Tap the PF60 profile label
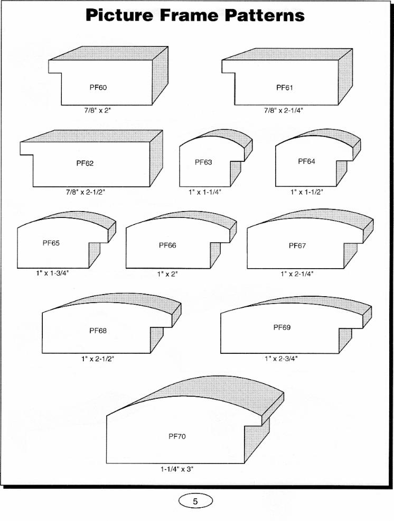(98, 87)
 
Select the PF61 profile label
(285, 88)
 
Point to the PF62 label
(85, 163)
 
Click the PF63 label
(203, 162)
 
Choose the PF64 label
(306, 161)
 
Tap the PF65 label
(51, 243)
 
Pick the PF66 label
(167, 245)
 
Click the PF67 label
(297, 245)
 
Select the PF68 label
(98, 331)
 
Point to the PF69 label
(282, 327)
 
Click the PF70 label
(177, 436)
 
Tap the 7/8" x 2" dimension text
(97, 111)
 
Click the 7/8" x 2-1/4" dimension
(284, 111)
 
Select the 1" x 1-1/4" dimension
(205, 192)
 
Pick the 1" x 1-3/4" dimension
(52, 273)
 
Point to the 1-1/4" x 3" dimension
(177, 469)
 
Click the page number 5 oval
(195, 501)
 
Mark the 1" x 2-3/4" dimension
(281, 359)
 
